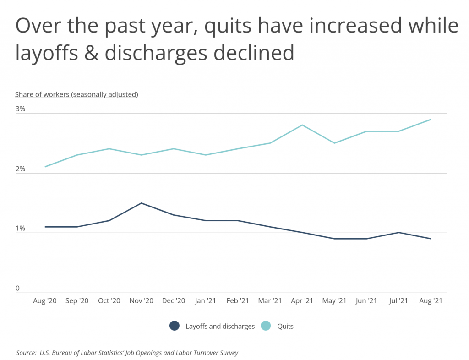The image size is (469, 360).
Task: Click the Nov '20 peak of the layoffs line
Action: point(142,203)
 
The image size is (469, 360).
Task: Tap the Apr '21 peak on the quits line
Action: point(302,125)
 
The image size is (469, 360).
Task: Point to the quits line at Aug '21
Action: point(430,120)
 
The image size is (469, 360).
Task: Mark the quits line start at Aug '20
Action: point(45,167)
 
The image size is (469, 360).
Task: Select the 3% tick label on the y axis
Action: point(20,109)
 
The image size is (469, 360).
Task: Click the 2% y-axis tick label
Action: point(20,169)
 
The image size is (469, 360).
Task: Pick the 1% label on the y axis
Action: point(20,229)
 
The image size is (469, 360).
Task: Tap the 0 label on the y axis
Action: point(17,289)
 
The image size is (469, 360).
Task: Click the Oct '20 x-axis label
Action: point(109,301)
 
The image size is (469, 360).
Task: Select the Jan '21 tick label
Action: point(206,301)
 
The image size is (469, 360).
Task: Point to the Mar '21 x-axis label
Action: point(270,301)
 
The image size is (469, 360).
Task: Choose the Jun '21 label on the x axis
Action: point(366,301)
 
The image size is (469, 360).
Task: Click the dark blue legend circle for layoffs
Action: point(174,326)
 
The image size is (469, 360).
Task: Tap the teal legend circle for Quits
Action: point(266,326)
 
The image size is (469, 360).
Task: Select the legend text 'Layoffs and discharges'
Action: point(220,327)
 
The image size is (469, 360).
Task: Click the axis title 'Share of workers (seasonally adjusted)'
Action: point(76,94)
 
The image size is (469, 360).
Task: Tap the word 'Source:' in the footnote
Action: point(26,353)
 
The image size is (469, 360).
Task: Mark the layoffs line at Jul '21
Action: point(398,232)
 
